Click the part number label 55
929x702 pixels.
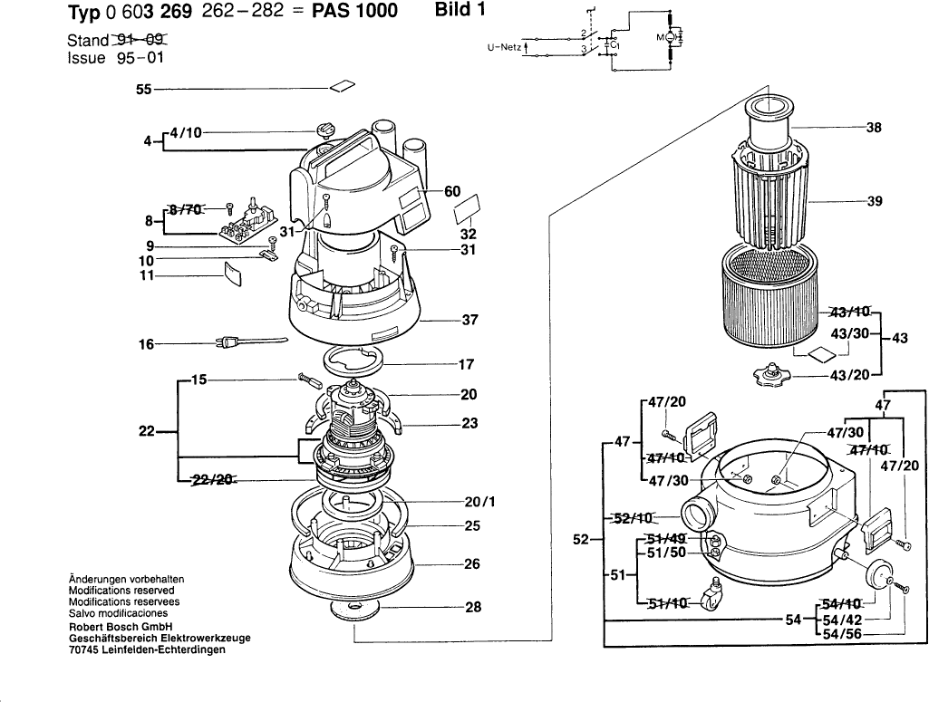coord(143,90)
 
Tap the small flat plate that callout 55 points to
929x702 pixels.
coord(342,87)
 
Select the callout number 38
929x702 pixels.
coord(874,129)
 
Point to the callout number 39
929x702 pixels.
coord(874,201)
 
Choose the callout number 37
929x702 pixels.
coord(469,320)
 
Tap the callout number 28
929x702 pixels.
coord(472,608)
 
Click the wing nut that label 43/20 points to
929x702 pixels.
coord(771,374)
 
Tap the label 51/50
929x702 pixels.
coord(666,553)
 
